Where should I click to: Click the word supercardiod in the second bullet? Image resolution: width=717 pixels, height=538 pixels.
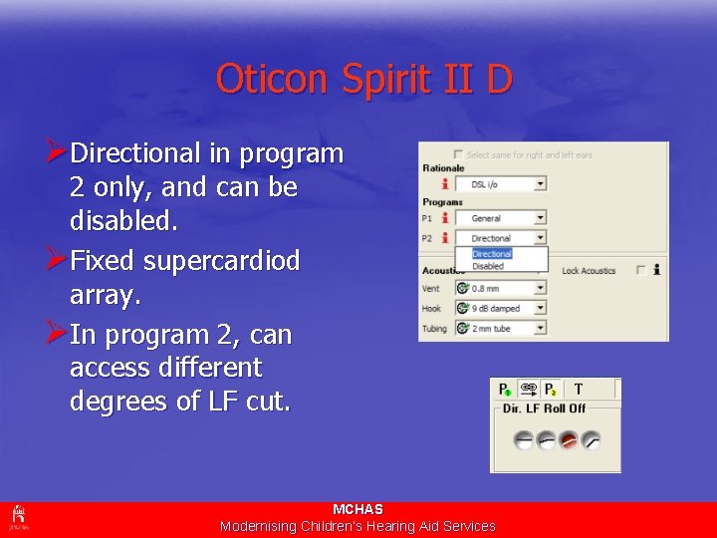(221, 261)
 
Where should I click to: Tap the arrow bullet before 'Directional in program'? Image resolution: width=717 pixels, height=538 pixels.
(57, 153)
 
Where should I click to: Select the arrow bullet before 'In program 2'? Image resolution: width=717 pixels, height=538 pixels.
(57, 335)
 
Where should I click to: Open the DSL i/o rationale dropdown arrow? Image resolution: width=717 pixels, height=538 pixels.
(541, 184)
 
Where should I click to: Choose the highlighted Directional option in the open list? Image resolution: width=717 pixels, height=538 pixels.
(491, 254)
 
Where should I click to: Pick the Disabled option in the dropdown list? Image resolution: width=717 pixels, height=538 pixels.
(488, 266)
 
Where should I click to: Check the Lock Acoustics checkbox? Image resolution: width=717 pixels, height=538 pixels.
(640, 270)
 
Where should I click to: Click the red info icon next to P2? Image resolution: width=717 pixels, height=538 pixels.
(444, 238)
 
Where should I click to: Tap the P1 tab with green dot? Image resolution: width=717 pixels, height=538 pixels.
(505, 390)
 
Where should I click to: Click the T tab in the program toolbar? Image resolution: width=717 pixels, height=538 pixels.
(579, 390)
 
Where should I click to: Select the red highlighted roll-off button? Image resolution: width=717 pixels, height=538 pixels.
(570, 439)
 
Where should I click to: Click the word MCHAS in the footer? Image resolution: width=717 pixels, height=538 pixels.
(358, 509)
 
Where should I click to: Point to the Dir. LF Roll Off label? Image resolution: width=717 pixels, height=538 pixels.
(544, 408)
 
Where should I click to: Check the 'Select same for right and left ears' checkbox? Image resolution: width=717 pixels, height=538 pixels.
(458, 154)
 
